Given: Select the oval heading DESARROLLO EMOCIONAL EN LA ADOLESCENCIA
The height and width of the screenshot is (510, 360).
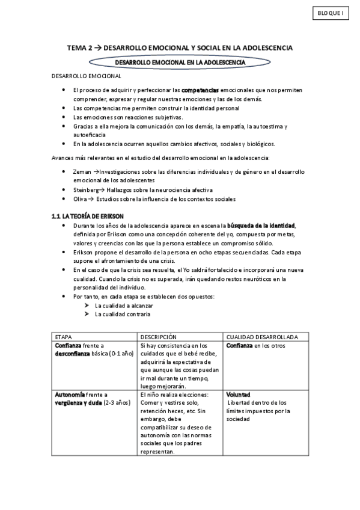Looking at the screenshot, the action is point(180,61).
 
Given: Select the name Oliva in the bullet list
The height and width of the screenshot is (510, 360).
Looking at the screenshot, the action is point(80,198).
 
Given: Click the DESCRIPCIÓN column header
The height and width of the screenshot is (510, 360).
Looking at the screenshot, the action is point(158,337).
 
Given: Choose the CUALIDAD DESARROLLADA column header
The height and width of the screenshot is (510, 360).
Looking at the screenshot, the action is point(266,337).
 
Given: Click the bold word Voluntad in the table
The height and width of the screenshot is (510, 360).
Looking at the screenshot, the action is point(239,395).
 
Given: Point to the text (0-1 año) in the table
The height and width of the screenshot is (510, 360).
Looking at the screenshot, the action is point(121,354).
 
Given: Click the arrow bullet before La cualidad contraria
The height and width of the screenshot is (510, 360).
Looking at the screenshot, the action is point(88,315).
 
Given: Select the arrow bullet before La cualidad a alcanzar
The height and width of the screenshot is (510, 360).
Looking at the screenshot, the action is point(88,306).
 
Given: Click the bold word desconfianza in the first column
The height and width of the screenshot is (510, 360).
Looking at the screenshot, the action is point(75,354).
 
